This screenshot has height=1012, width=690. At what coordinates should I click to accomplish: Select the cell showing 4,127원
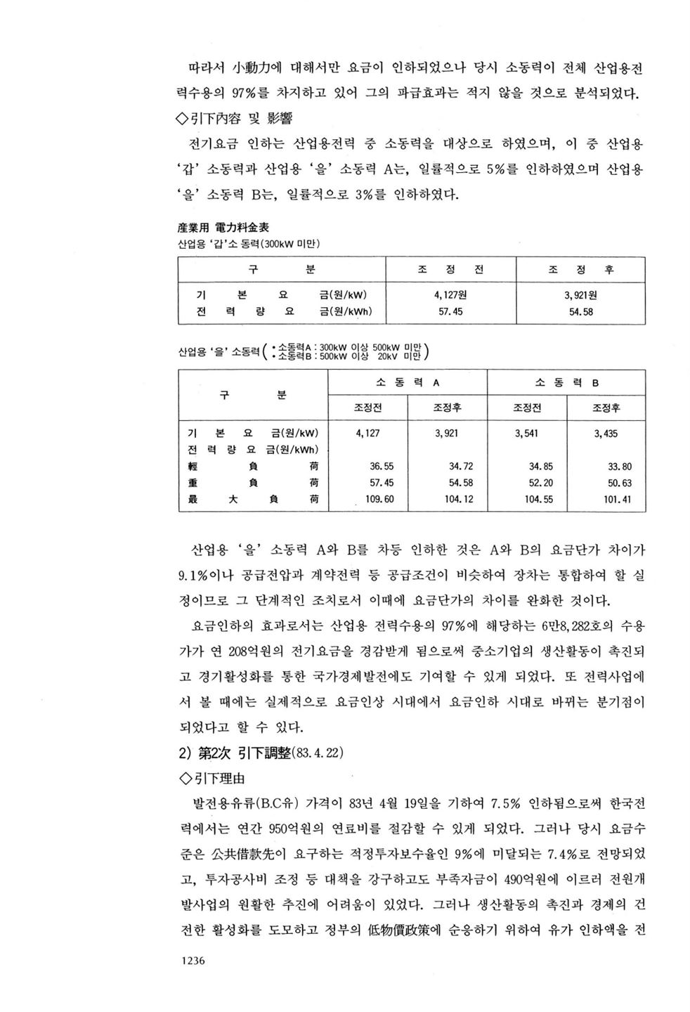coord(452,295)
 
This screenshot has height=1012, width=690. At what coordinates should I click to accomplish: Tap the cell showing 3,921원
coord(580,295)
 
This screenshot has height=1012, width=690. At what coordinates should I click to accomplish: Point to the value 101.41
coord(618,499)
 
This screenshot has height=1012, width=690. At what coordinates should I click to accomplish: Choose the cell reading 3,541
coord(526,434)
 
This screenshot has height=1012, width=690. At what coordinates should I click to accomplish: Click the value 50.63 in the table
coord(618,483)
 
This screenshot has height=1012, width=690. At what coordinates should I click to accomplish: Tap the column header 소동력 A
coord(408,383)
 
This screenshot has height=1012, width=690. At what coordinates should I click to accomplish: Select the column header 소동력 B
coord(566,383)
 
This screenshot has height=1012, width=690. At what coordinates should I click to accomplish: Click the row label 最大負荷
coord(253,499)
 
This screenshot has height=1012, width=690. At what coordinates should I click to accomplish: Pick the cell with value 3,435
coord(606,434)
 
